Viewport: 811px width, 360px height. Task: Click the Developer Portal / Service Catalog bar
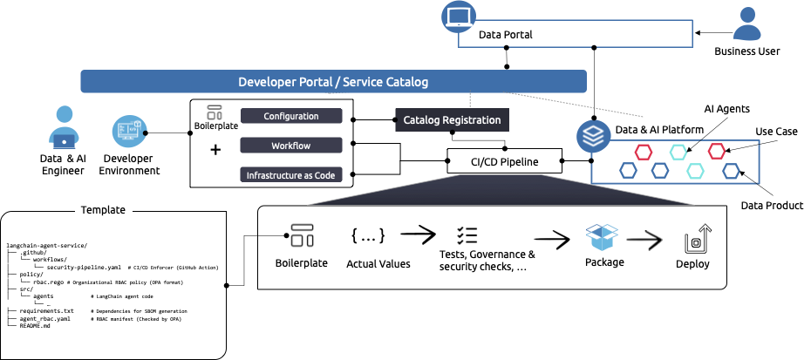332,82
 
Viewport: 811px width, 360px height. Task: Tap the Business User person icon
746,24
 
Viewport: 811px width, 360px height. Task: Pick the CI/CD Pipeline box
505,160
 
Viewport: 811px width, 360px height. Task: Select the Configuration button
290,116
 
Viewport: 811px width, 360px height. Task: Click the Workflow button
290,146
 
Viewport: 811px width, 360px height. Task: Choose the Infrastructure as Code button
290,175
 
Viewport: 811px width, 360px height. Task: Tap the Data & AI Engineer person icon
65,127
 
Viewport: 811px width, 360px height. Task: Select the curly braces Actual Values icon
367,235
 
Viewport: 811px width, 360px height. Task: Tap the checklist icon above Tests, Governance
467,235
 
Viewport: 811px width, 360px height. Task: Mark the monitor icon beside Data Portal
457,17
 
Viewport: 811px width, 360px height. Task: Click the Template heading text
103,209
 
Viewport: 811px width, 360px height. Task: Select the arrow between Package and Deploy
647,236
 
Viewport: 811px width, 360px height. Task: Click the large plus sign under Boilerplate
215,149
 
